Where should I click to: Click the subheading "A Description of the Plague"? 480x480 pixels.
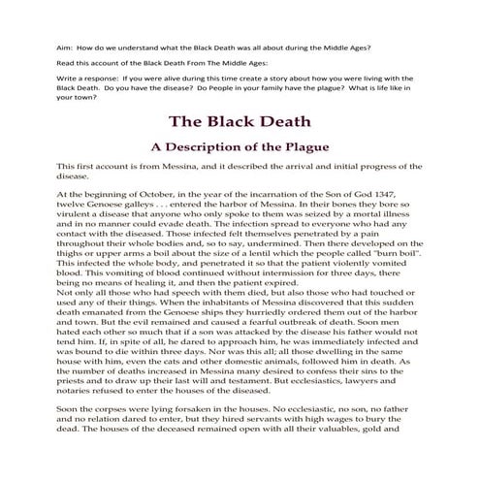click(x=240, y=147)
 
